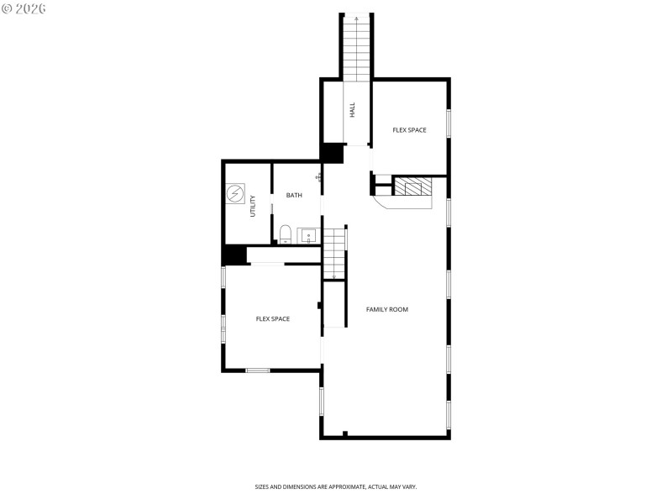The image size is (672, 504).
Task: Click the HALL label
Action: tap(353, 109)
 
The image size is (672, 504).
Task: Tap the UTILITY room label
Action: tap(252, 207)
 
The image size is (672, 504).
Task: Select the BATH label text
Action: tap(294, 196)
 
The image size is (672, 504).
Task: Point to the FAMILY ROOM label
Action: tap(387, 310)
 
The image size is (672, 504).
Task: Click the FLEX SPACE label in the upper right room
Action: tap(410, 130)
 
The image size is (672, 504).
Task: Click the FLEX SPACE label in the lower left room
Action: tap(273, 319)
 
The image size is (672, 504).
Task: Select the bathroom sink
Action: tap(308, 235)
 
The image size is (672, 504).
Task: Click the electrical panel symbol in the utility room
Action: tap(236, 196)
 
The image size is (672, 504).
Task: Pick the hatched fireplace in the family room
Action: tap(412, 186)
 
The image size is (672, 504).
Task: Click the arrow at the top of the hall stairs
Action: tap(356, 17)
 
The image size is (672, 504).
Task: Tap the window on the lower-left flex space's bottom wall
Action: tap(258, 370)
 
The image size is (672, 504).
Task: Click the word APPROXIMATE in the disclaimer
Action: tap(346, 487)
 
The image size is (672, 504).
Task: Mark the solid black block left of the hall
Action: tap(333, 153)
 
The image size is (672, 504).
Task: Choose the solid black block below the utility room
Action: tap(234, 255)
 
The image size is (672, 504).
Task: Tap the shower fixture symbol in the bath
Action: tap(318, 177)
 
